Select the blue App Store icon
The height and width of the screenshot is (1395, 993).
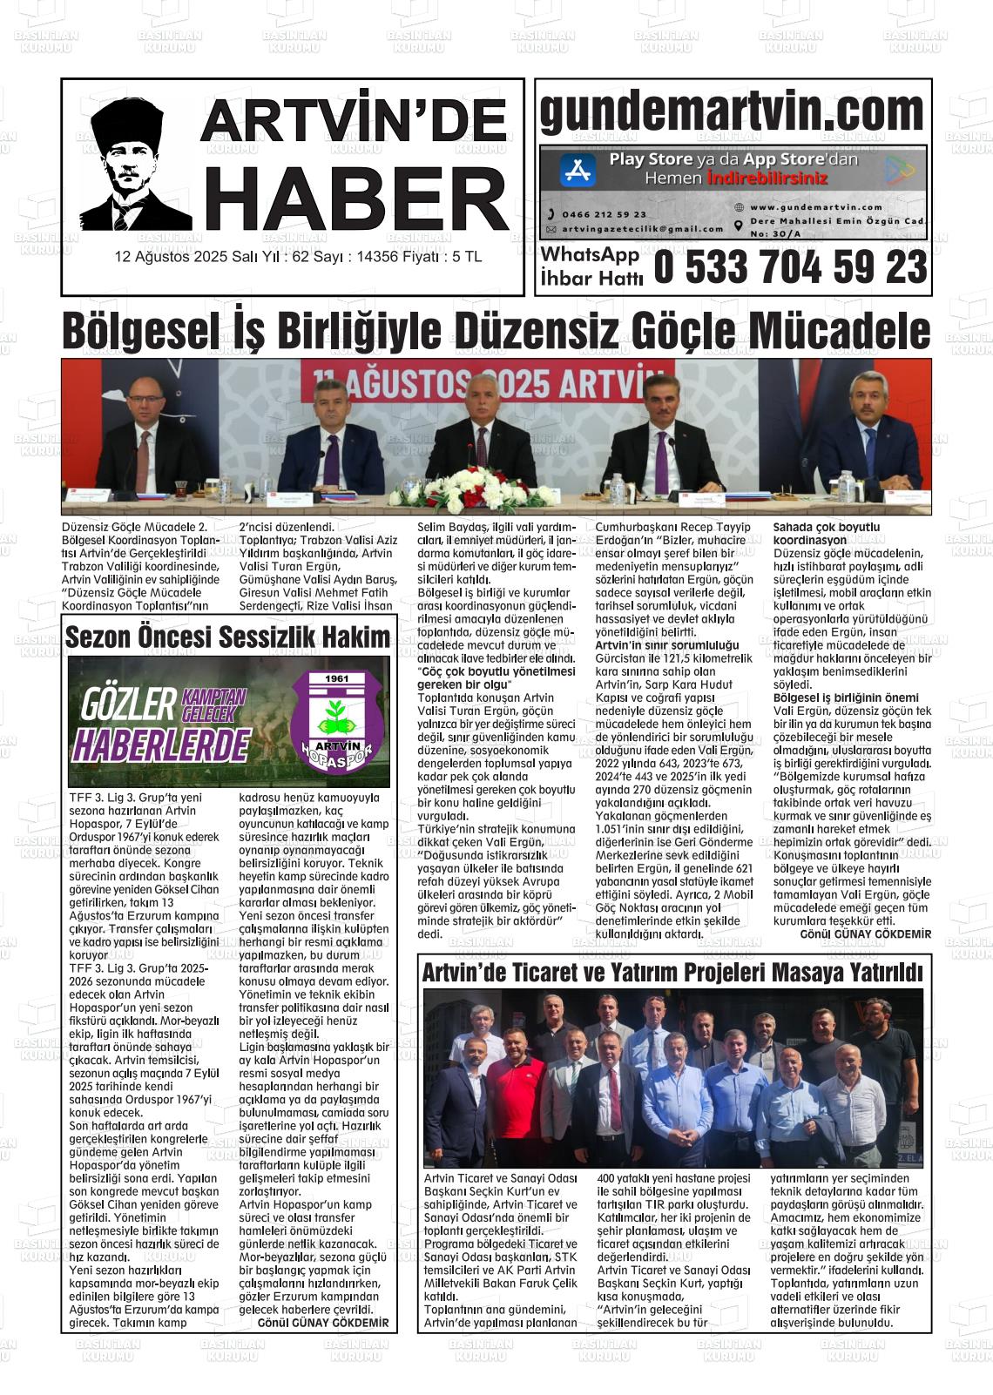578,170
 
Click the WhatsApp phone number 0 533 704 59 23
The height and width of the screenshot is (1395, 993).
790,267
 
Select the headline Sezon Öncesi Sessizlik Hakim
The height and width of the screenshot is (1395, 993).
228,637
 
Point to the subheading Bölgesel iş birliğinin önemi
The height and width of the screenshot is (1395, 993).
846,697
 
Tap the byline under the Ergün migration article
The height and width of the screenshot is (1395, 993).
865,933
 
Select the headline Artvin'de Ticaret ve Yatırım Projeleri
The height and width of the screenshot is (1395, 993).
672,972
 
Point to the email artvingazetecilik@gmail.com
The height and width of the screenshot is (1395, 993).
643,229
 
